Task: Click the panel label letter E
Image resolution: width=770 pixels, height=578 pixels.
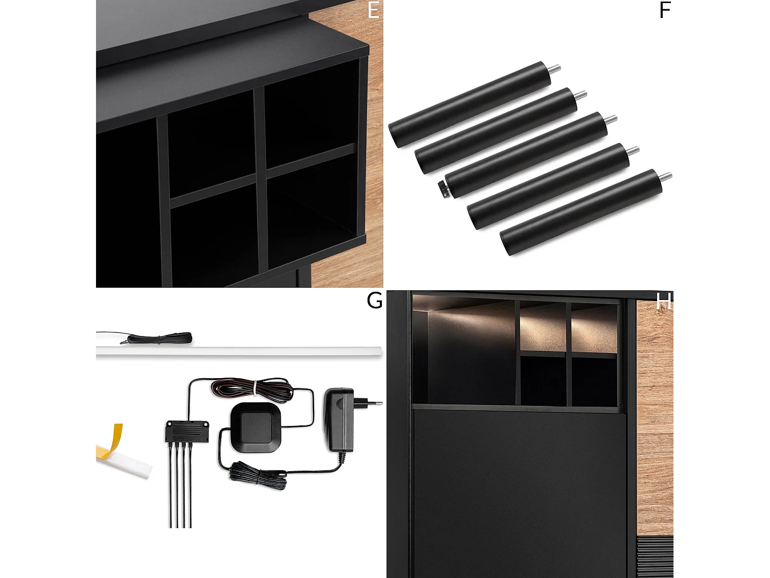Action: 373,10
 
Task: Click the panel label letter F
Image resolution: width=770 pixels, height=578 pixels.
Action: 665,10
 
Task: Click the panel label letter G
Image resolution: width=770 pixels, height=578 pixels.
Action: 374,301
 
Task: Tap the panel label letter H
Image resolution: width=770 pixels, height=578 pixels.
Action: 663,302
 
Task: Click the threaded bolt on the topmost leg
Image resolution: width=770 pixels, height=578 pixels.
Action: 555,68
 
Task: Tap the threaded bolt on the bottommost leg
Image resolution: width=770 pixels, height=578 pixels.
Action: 666,177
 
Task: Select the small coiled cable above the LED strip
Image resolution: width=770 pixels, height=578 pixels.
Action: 159,338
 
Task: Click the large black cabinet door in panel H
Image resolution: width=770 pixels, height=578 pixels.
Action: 518,488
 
